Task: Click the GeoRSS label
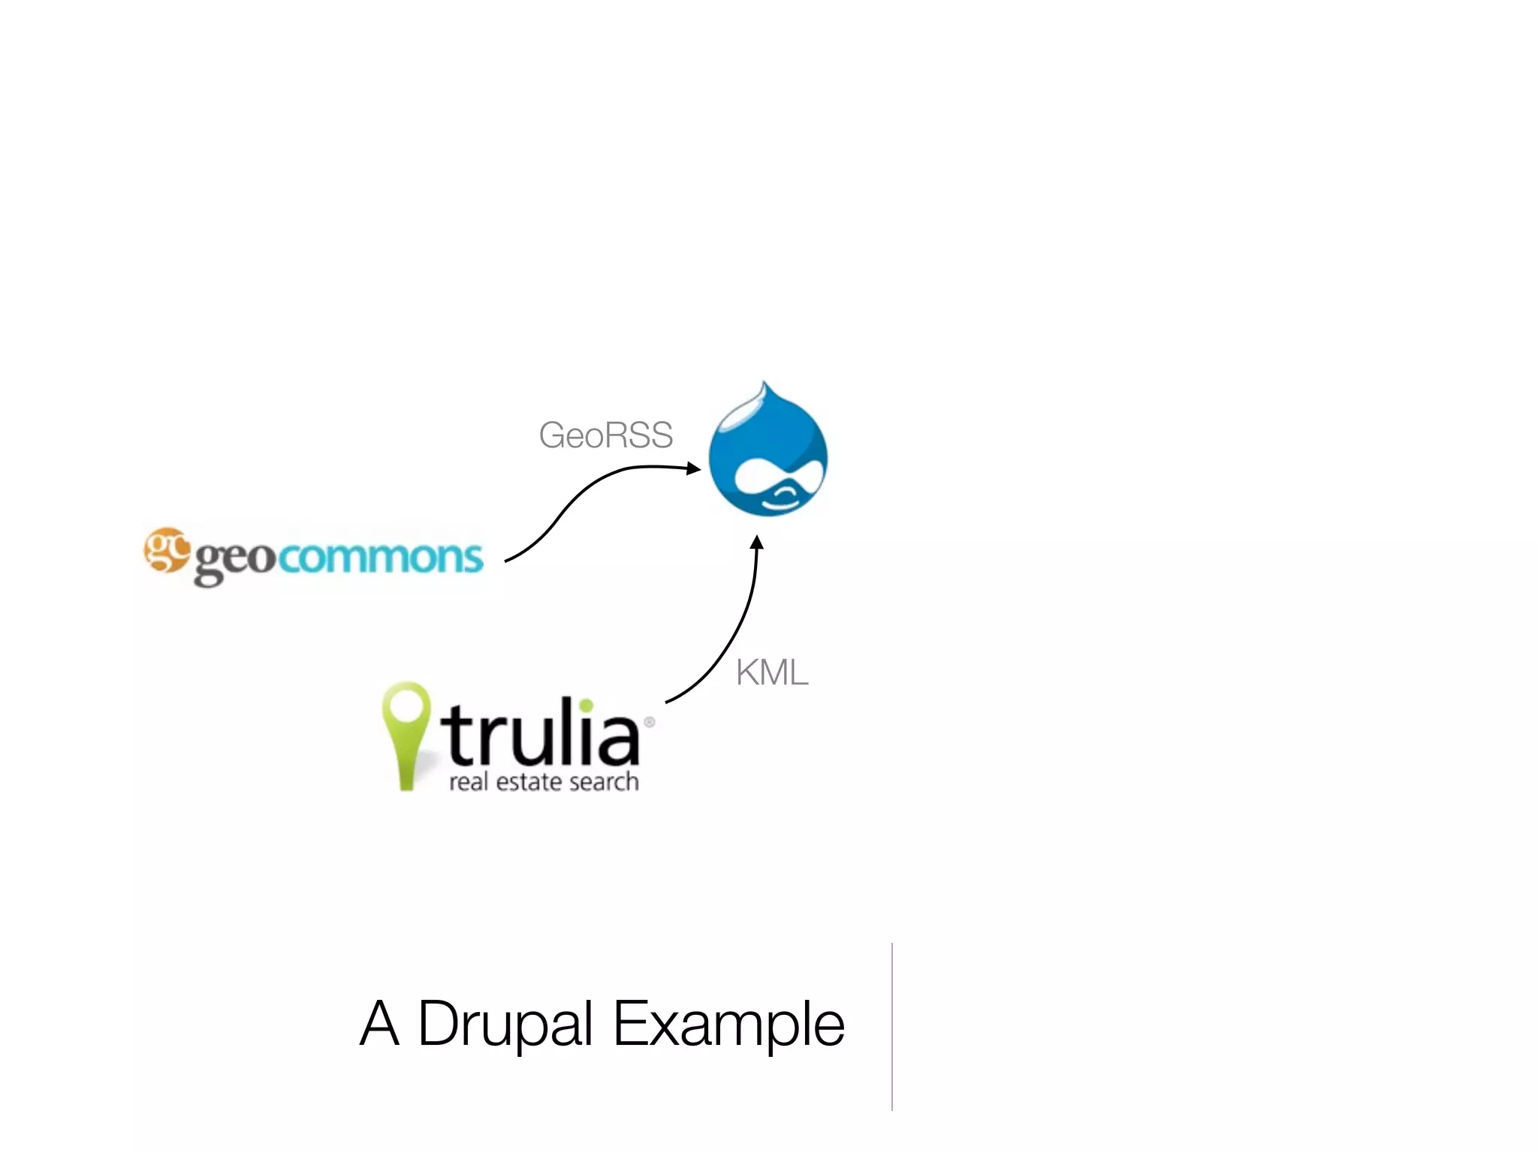pos(605,435)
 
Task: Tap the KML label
pos(772,673)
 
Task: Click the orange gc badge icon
pos(166,549)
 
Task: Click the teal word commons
pos(381,557)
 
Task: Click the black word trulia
pos(541,731)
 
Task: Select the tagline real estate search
pos(544,782)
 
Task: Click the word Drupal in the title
pos(505,1024)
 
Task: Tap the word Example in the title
pos(728,1024)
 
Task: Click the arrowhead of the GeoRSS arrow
pos(694,468)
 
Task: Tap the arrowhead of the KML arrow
pos(757,542)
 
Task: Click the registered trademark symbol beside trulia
pos(650,722)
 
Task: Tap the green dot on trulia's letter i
pos(587,706)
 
